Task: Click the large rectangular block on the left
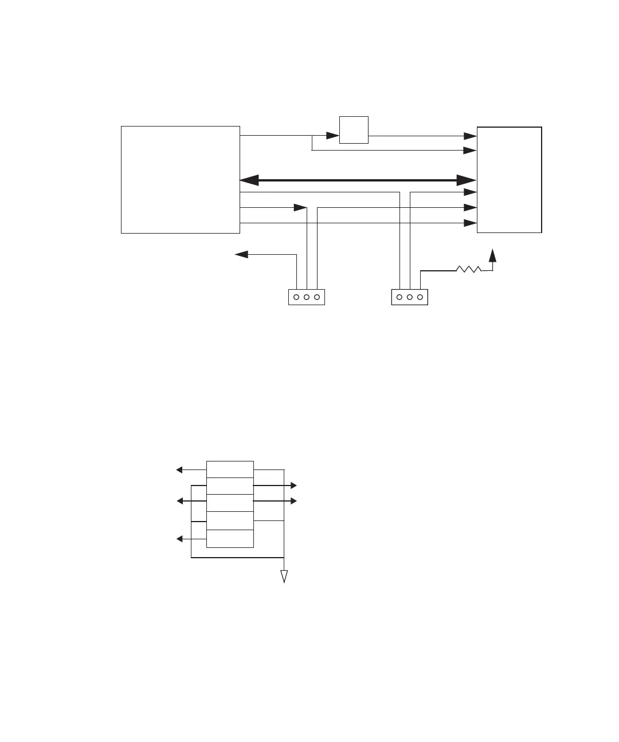pyautogui.click(x=180, y=179)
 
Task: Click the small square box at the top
pyautogui.click(x=354, y=130)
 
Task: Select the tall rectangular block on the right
pyautogui.click(x=509, y=179)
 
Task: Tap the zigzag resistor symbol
pyautogui.click(x=469, y=269)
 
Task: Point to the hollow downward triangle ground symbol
pyautogui.click(x=284, y=577)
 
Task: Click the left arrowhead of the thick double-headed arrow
pyautogui.click(x=248, y=180)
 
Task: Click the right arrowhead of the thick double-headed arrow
pyautogui.click(x=467, y=180)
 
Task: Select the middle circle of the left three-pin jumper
pyautogui.click(x=307, y=297)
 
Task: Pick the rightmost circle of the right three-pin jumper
pyautogui.click(x=420, y=297)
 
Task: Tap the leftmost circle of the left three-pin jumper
pyautogui.click(x=296, y=297)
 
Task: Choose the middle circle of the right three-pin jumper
pyautogui.click(x=410, y=297)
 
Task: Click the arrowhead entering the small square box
pyautogui.click(x=333, y=136)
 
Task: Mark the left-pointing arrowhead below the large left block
pyautogui.click(x=241, y=255)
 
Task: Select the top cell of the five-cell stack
pyautogui.click(x=230, y=469)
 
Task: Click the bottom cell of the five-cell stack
pyautogui.click(x=230, y=539)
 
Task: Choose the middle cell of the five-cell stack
pyautogui.click(x=230, y=503)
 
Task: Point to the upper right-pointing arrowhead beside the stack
pyautogui.click(x=293, y=486)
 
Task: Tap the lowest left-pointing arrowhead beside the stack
pyautogui.click(x=179, y=539)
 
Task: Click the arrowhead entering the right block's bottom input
pyautogui.click(x=470, y=223)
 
